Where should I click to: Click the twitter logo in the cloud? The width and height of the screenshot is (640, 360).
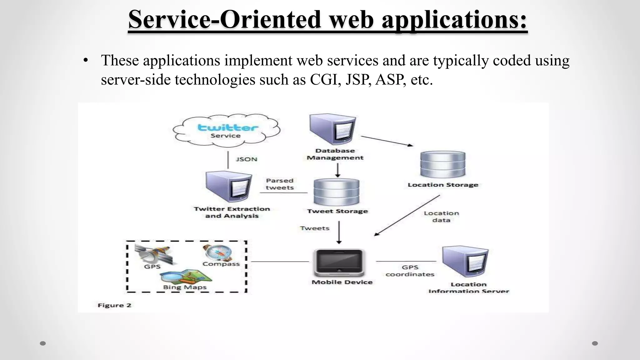point(228,127)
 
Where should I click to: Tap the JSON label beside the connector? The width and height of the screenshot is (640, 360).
point(247,159)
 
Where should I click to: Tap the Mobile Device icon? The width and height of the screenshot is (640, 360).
point(339,262)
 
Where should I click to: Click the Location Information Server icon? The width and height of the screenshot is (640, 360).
point(465,262)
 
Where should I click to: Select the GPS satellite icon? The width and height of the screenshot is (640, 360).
point(153,254)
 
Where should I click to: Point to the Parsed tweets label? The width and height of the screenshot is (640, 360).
point(280,184)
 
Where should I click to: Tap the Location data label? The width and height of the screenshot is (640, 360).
point(441,217)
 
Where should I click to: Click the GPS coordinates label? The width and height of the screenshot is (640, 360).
point(410,271)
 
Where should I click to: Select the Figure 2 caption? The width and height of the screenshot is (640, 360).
point(114,305)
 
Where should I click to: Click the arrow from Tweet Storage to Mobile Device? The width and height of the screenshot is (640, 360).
point(339,232)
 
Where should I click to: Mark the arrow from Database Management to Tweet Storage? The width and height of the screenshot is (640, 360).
point(337,171)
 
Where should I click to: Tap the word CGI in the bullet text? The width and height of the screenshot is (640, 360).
point(325,80)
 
